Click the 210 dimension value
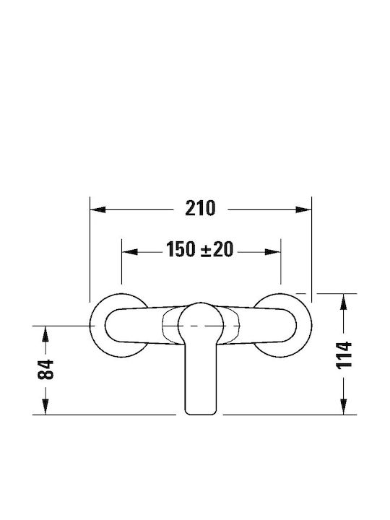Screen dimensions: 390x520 200,208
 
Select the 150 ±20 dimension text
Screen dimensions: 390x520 199,249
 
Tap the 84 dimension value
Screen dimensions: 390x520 45,370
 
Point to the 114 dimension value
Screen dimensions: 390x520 344,355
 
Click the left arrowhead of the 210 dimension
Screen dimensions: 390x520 97,209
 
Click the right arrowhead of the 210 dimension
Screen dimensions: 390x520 304,209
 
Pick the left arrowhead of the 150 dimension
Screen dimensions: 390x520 130,252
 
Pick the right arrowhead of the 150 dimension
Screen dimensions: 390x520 273,252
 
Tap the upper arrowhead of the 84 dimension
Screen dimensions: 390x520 45,334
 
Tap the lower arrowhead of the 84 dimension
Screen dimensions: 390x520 45,407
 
